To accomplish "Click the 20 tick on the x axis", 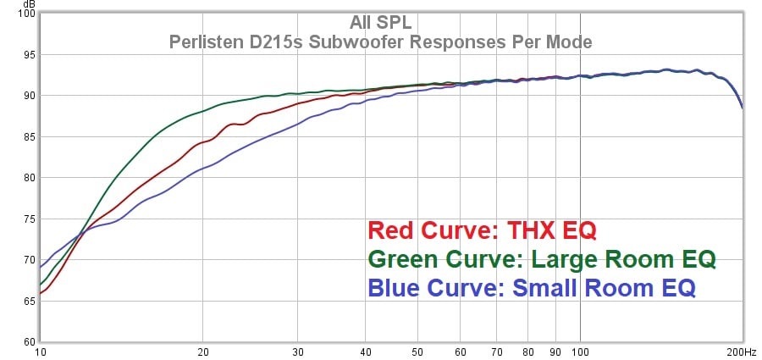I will tap(202, 352).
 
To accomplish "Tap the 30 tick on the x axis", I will tap(298, 352).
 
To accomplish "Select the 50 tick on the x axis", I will tap(417, 352).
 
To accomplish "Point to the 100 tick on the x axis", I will tap(580, 352).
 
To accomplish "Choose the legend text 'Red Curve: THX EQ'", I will tap(483, 230).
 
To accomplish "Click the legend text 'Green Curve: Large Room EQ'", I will tap(542, 258).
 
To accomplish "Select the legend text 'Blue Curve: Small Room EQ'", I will tap(532, 288).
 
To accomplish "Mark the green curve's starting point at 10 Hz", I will tap(41, 285).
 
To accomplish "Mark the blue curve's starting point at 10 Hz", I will tap(41, 268).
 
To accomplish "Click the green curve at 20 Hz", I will tap(202, 111).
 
